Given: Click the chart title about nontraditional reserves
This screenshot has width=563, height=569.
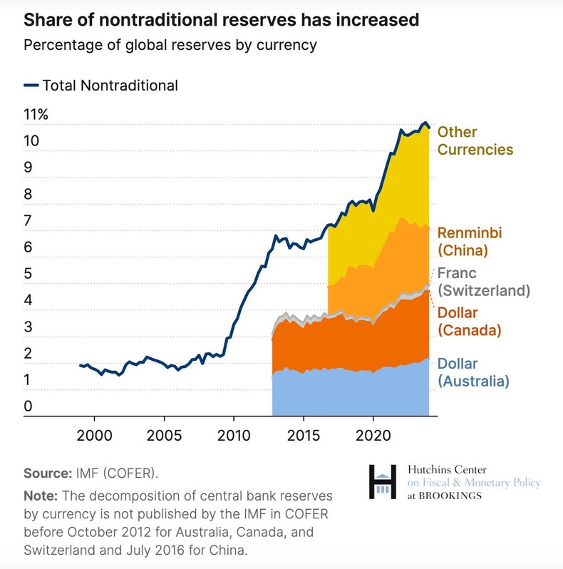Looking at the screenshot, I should (x=221, y=20).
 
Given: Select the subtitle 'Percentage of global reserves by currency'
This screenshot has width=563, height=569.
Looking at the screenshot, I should (x=170, y=45).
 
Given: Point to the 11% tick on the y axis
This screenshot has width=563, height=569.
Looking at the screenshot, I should (x=35, y=115).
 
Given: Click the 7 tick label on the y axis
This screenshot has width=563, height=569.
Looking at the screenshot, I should (x=28, y=221).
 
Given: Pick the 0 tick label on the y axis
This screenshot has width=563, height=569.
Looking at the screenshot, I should (x=28, y=406).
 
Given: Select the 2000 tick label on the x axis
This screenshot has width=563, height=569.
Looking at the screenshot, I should (x=94, y=434).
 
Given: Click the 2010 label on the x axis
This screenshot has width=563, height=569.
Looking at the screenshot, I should (x=234, y=434).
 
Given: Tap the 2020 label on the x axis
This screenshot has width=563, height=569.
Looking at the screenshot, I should (x=373, y=434).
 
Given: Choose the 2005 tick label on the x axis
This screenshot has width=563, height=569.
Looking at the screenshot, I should (x=164, y=434).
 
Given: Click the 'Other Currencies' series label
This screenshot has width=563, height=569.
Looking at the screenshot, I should (x=475, y=140).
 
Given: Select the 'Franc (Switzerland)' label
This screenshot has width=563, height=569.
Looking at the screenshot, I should (x=483, y=282).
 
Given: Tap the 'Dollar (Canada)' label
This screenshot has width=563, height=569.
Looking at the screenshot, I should (x=469, y=322).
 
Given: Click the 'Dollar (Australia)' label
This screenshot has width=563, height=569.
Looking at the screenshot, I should (x=473, y=372).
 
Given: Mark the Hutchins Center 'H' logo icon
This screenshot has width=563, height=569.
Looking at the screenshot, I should (x=383, y=481).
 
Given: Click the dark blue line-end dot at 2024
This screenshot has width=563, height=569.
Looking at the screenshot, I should (x=428, y=127).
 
